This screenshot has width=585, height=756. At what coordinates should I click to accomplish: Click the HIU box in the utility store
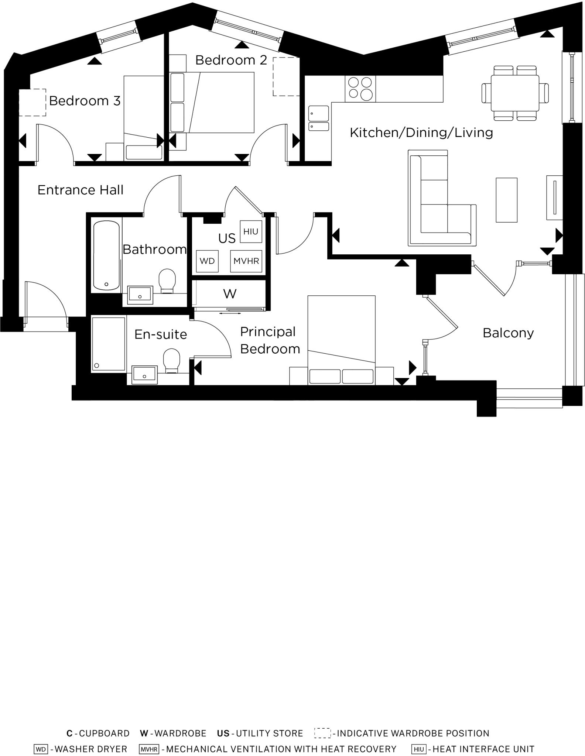click(x=251, y=231)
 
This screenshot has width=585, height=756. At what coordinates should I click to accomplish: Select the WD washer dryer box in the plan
click(x=207, y=261)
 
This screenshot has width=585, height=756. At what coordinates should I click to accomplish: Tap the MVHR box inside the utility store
click(x=246, y=261)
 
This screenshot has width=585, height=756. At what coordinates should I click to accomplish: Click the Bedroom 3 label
click(x=85, y=101)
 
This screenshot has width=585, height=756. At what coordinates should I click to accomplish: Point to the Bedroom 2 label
click(x=231, y=60)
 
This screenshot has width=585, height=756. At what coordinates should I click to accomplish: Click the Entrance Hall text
click(x=80, y=190)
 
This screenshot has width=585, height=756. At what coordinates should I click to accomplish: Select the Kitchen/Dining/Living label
click(x=421, y=133)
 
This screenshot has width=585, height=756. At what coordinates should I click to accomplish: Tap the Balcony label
click(x=508, y=333)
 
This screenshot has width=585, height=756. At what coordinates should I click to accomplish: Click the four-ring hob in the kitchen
click(x=360, y=89)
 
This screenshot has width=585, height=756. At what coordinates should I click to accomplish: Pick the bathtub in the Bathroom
click(x=106, y=255)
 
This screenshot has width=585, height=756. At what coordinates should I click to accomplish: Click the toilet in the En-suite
click(x=171, y=360)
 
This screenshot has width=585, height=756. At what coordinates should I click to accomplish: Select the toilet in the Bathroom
click(x=167, y=280)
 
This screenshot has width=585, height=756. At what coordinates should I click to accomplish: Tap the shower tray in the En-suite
click(x=109, y=344)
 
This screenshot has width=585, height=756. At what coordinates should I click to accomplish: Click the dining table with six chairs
click(x=515, y=93)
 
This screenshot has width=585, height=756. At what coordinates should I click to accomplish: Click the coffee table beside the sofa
click(x=506, y=200)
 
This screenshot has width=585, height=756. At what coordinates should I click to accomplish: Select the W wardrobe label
click(x=230, y=294)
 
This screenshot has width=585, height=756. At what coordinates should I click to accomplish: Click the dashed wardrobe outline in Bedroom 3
click(x=32, y=102)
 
